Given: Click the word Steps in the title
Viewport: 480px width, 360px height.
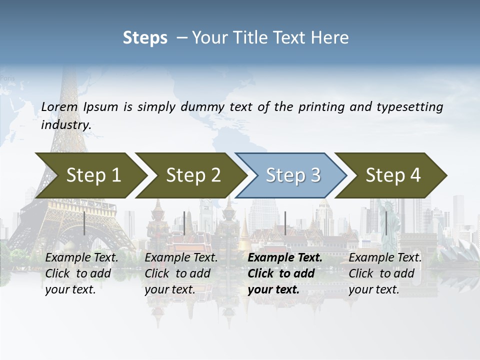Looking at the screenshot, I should coord(145,38).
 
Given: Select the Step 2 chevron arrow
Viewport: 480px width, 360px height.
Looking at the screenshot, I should coord(190,175).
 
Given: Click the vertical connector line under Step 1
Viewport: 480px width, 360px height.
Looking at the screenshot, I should coord(84,223).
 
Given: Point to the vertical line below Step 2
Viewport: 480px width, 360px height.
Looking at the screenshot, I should coord(184,223).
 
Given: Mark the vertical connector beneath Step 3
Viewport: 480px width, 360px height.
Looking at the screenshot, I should coord(285,223).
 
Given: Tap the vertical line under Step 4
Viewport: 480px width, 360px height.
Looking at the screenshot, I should coord(385,223).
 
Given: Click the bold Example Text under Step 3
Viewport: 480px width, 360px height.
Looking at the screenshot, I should coord(284,273).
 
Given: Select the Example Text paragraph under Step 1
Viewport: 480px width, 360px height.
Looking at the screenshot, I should coord(81,273).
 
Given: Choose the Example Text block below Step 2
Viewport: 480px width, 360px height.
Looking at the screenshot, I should coord(181,273).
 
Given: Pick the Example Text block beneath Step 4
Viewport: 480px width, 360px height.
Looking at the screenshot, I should coord(385,273).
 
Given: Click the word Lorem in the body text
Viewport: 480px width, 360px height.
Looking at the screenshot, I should coord(59,107).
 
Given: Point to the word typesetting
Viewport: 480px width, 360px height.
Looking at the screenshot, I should coord(410,107).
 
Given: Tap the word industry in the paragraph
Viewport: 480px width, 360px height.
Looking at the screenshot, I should coord(65,125).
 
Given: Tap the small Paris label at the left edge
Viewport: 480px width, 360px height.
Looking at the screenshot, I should coord(8,78).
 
